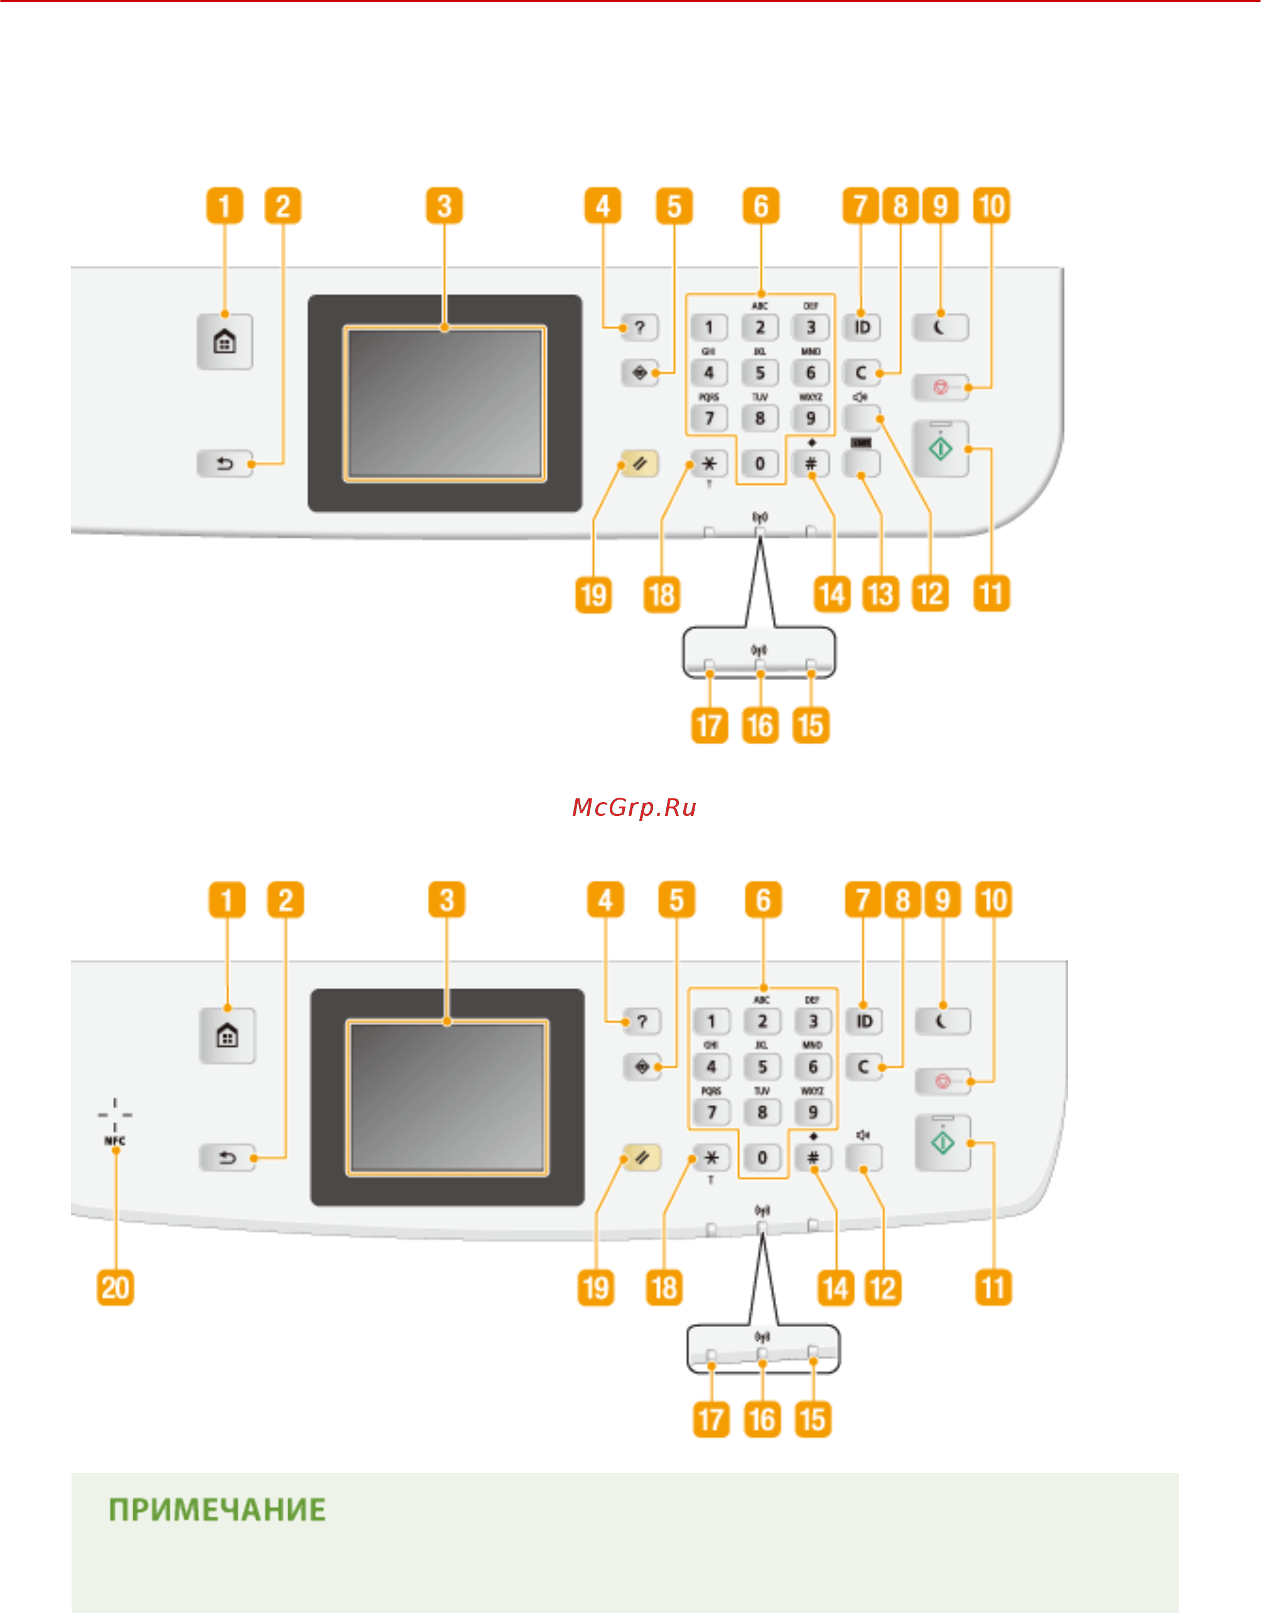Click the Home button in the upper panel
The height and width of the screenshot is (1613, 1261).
pos(224,341)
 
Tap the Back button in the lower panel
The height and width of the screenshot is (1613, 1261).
pos(227,1158)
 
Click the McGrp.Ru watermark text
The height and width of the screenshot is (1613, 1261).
pos(634,807)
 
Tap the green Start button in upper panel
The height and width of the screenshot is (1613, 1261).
pos(941,449)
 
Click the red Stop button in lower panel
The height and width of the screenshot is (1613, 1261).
pos(943,1081)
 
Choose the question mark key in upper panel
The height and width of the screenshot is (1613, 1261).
pos(639,327)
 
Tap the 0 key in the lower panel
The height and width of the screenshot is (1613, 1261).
pos(762,1158)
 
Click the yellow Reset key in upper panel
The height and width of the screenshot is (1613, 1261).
pos(639,464)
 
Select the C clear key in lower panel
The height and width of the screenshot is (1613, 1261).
pos(864,1067)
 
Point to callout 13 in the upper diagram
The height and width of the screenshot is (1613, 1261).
pos(881,595)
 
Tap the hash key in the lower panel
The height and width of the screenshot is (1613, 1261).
pos(813,1158)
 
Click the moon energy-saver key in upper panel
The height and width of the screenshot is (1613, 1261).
pos(941,327)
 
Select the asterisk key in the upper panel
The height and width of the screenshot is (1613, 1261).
pos(709,464)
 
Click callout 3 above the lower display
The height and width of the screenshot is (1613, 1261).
pos(446,900)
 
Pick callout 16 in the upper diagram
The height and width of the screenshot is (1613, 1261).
pos(760,725)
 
